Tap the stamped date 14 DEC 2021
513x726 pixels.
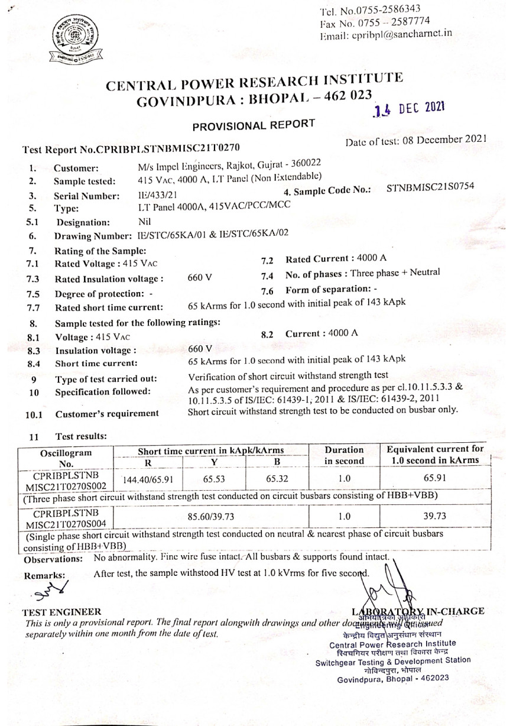click(x=407, y=109)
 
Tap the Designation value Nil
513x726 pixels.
click(x=144, y=222)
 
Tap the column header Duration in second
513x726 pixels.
click(x=345, y=455)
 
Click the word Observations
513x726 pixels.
click(x=53, y=559)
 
